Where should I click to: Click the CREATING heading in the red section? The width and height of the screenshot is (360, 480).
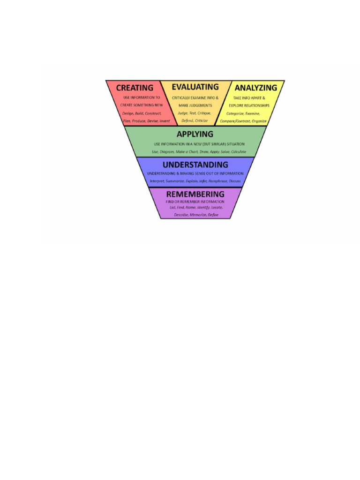tap(135, 88)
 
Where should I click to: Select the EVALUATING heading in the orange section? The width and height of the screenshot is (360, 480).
tap(195, 87)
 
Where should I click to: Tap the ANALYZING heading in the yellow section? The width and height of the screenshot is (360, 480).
tap(255, 88)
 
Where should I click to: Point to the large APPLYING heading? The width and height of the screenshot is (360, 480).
tap(195, 134)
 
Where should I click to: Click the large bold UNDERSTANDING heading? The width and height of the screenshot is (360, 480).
tap(195, 165)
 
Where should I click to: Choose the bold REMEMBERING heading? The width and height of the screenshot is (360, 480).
tap(195, 194)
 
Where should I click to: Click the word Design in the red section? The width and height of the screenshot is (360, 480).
tap(127, 113)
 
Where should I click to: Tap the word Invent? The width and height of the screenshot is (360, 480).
tap(165, 121)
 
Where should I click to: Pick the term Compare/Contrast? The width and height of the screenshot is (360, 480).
tap(234, 121)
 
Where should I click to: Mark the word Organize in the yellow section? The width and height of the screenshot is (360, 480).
tap(259, 121)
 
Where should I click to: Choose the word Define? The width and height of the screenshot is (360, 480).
tap(213, 215)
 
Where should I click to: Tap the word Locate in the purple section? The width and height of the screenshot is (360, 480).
tap(217, 207)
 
